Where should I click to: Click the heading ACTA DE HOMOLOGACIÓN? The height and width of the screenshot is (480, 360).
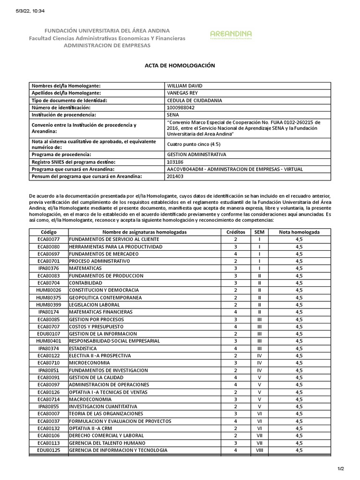180,66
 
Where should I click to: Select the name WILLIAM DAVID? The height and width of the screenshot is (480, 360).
185,86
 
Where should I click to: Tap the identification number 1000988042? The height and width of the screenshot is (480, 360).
180,107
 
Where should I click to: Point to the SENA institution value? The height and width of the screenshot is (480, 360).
173,114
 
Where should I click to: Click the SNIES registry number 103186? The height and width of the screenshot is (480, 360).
175,162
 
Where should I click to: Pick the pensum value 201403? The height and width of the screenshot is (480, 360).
175,176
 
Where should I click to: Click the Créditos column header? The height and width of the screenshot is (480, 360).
235,232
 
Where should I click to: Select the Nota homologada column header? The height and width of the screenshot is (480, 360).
299,232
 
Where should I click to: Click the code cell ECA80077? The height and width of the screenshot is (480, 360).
49,239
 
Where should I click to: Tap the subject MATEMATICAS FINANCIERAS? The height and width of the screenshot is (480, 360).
101,312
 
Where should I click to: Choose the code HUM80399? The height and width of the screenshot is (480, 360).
49,305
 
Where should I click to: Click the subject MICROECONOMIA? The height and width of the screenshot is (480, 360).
90,363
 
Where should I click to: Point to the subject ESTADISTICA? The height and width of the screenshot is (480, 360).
83,348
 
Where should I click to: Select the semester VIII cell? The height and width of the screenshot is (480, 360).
259,450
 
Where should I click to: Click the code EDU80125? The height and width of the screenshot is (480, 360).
49,450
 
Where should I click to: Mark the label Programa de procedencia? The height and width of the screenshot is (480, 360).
60,154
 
